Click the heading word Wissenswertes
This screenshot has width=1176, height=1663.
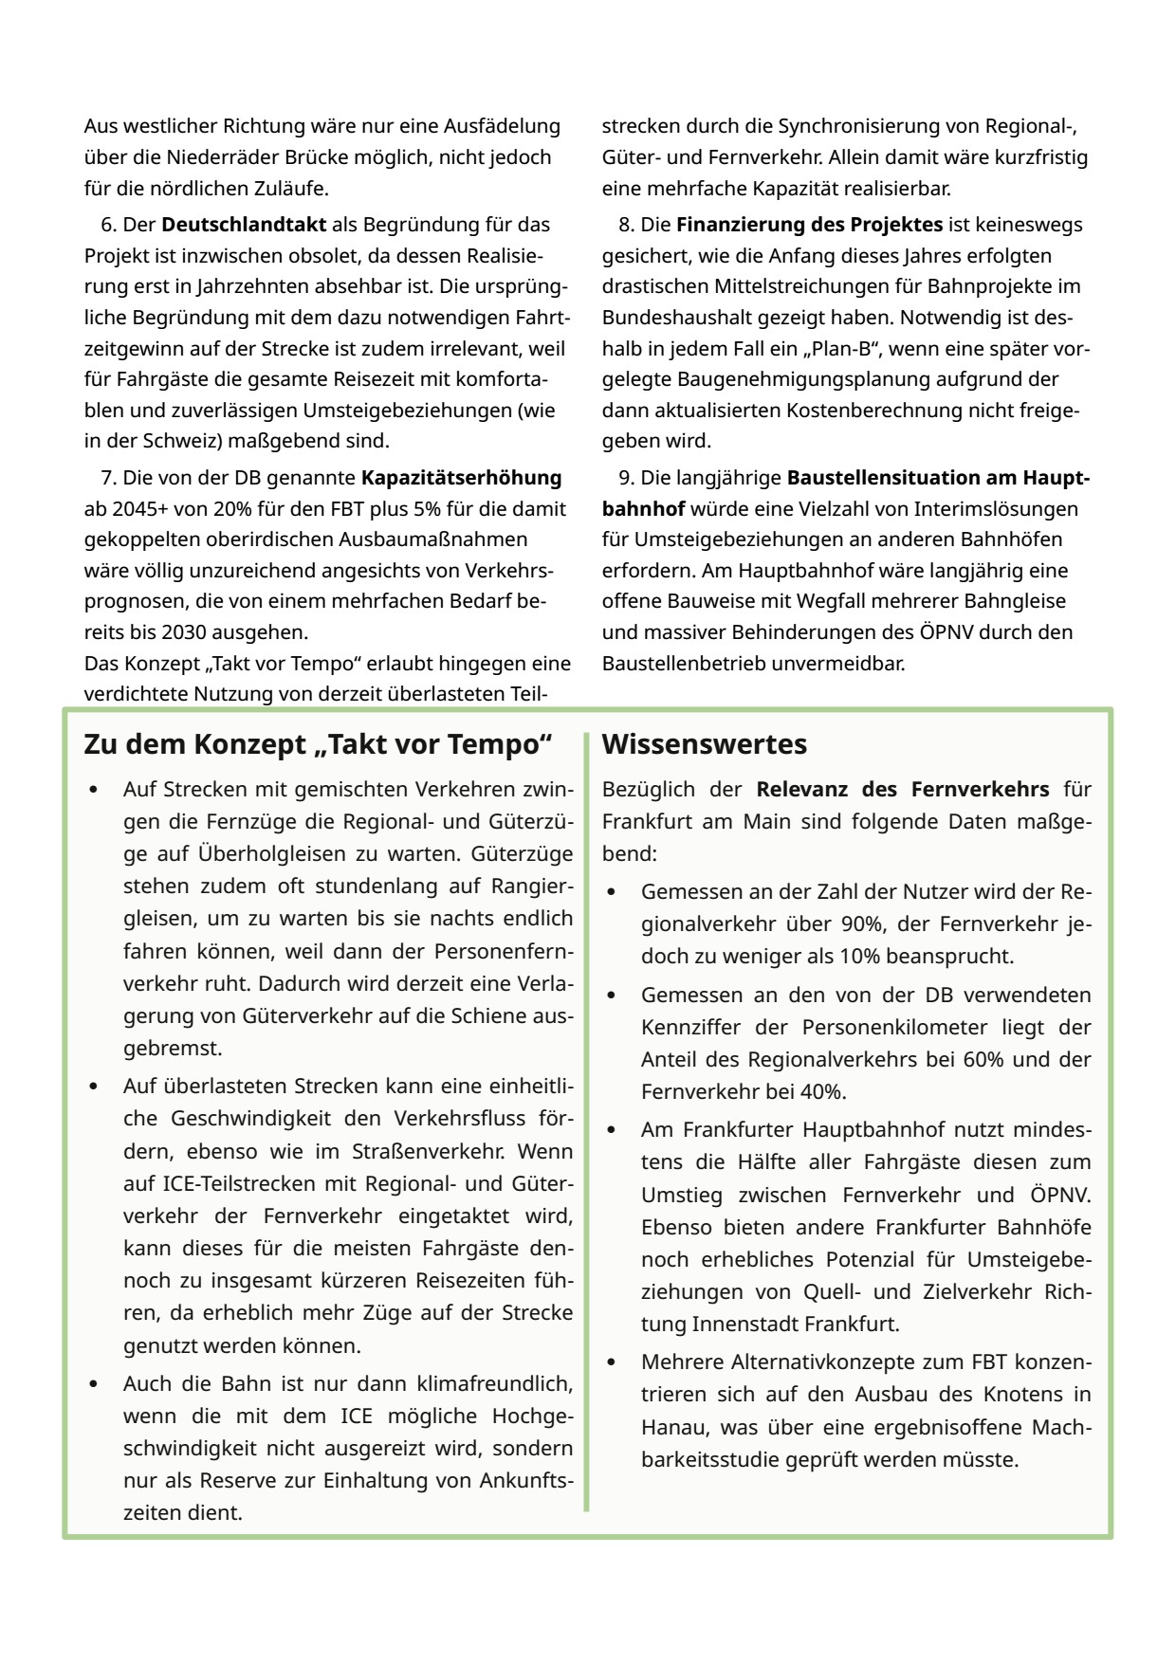click(704, 744)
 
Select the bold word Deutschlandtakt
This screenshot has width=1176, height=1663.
click(244, 225)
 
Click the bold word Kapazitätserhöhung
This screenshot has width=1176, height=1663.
click(461, 478)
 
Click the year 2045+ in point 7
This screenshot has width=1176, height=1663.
click(112, 508)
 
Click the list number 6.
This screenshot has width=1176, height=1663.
click(107, 225)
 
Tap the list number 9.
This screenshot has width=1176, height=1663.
click(625, 478)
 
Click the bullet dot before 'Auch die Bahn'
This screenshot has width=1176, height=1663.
click(93, 1383)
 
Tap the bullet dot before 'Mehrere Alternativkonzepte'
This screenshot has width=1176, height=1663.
click(611, 1362)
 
